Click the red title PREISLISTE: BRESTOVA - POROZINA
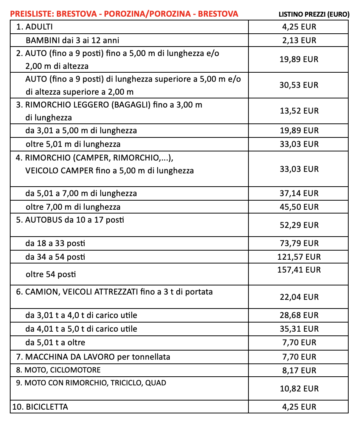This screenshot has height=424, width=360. [124, 14]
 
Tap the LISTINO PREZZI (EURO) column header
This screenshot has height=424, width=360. [313, 14]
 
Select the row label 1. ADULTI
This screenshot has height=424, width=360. [35, 27]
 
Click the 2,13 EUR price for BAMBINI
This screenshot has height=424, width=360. [299, 41]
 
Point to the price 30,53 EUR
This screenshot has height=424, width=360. [299, 85]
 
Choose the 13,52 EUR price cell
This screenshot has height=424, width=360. [299, 111]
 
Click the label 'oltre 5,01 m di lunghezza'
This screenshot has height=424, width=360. [73, 144]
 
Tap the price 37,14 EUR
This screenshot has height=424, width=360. [299, 193]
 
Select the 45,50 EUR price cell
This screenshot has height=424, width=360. [299, 207]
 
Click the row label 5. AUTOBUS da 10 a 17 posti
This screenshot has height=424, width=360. [70, 220]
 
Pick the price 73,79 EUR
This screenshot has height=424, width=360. [299, 243]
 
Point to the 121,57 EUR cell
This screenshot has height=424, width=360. [299, 257]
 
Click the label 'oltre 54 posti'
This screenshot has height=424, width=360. [51, 274]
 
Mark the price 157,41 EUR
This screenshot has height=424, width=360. [299, 270]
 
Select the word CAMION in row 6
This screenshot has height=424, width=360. [39, 292]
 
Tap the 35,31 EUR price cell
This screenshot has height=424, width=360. [299, 329]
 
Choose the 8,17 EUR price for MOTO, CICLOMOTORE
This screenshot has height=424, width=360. [299, 371]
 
